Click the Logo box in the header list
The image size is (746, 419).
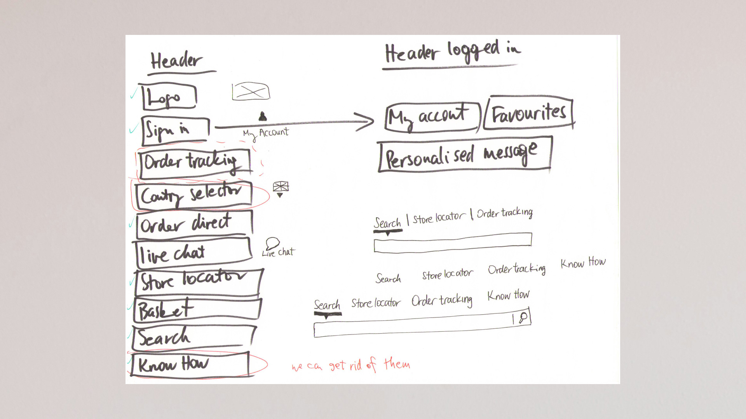(x=169, y=97)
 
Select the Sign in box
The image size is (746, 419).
(x=176, y=130)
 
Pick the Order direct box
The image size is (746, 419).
(x=194, y=224)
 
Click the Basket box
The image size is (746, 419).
(x=197, y=310)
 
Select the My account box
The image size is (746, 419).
(x=432, y=117)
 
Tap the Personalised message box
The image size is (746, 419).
(x=465, y=154)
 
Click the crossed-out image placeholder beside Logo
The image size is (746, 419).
(x=251, y=92)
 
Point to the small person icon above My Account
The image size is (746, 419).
(x=263, y=116)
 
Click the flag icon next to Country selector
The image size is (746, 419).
(x=281, y=187)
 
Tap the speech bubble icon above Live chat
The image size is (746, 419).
(x=273, y=243)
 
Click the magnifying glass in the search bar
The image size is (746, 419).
(x=523, y=318)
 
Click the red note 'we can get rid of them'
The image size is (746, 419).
(x=351, y=365)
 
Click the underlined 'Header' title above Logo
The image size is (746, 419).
(x=177, y=61)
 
